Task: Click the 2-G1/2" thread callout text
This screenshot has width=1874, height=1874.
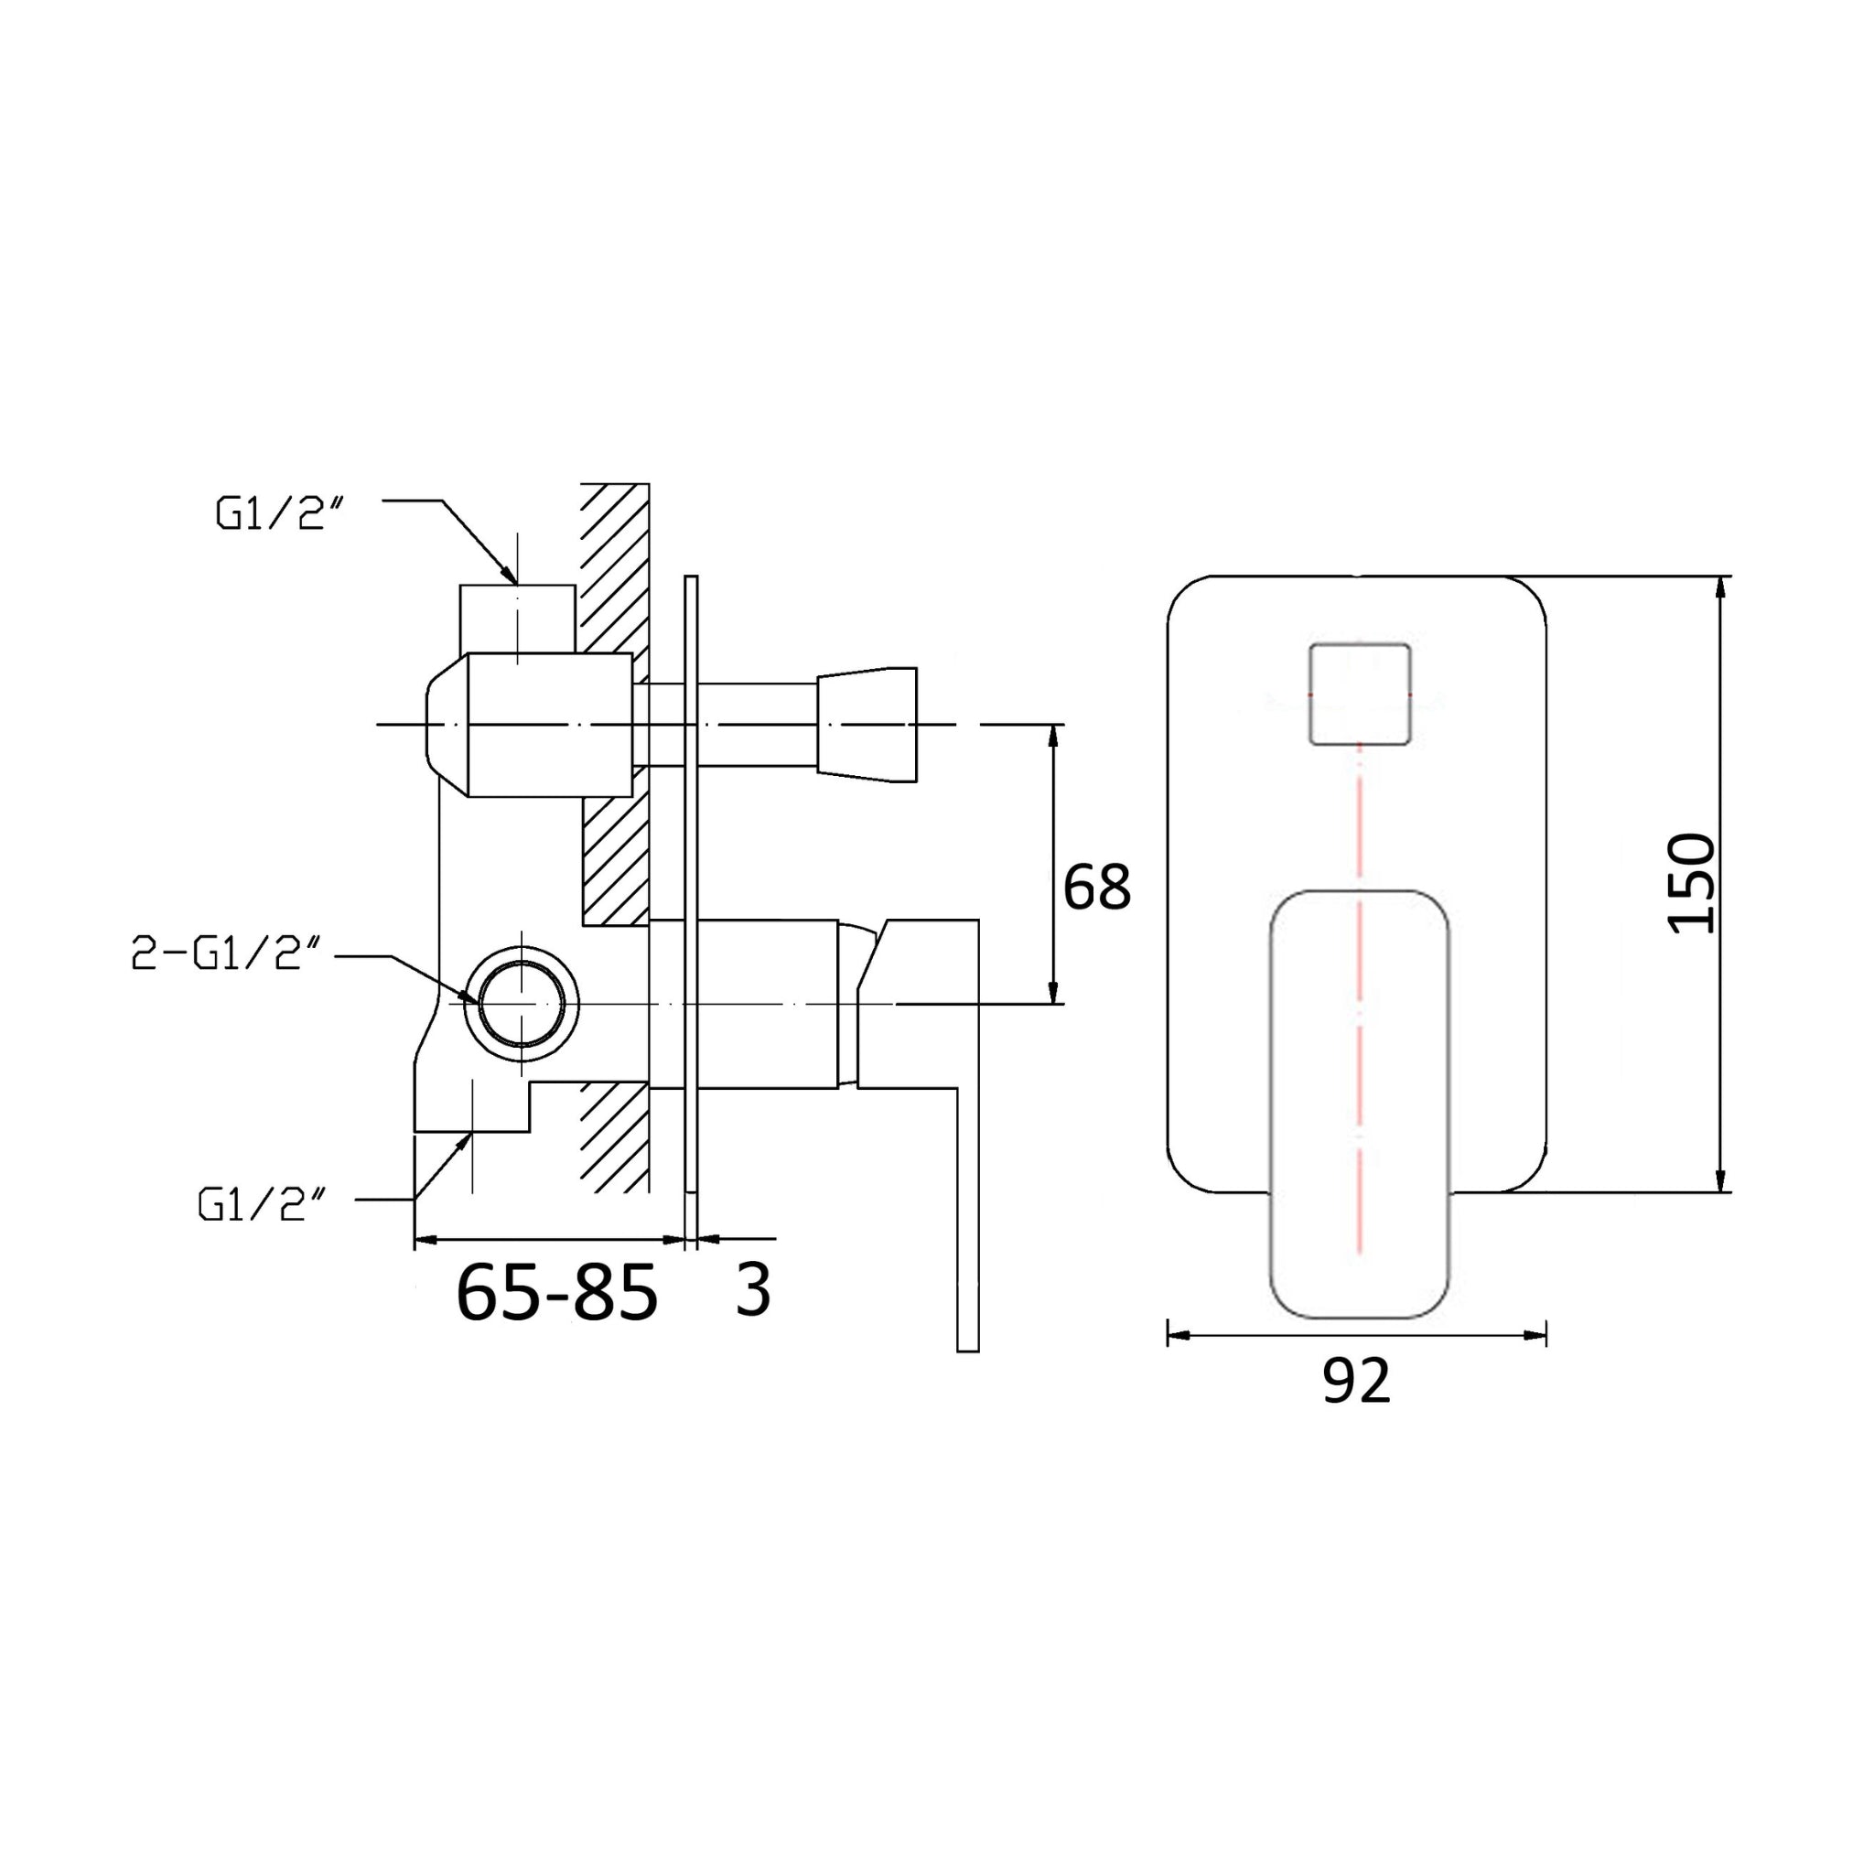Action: coord(226,955)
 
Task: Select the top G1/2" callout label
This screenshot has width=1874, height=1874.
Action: coord(280,514)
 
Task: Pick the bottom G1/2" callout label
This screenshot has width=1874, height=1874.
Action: coord(262,1205)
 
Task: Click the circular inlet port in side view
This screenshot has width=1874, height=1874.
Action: coord(522,1003)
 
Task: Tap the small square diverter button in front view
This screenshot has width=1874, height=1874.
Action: coord(1359,694)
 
